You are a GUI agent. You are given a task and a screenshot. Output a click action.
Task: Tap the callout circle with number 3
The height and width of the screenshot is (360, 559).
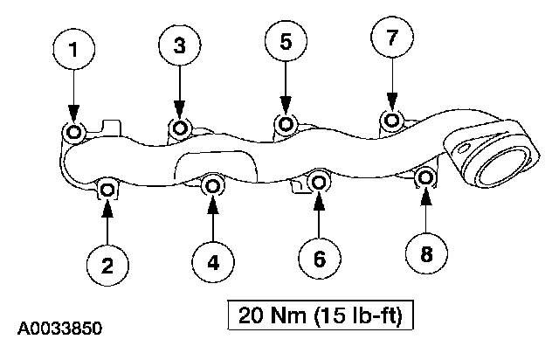point(179,47)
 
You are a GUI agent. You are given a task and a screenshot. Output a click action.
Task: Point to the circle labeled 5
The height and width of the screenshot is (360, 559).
point(285,39)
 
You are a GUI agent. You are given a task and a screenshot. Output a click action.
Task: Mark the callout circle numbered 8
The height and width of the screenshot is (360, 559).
point(427,254)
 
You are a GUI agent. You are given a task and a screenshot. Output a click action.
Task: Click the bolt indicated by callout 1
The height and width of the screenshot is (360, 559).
point(73,133)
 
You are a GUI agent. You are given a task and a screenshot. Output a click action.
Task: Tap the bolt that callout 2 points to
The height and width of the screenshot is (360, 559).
point(107,189)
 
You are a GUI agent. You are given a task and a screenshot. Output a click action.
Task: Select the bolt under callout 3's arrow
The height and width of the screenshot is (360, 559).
point(180,129)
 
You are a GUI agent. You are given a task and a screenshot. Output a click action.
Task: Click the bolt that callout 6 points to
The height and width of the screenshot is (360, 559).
point(320,183)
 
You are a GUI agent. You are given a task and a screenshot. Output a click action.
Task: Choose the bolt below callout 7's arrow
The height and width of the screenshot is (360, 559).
point(393,119)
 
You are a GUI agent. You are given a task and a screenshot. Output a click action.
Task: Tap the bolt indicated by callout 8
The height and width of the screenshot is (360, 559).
point(425,178)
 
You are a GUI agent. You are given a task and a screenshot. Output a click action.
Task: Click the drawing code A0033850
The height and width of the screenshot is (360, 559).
point(60,329)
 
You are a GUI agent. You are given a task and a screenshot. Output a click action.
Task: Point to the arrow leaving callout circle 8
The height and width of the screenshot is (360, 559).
point(427,214)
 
